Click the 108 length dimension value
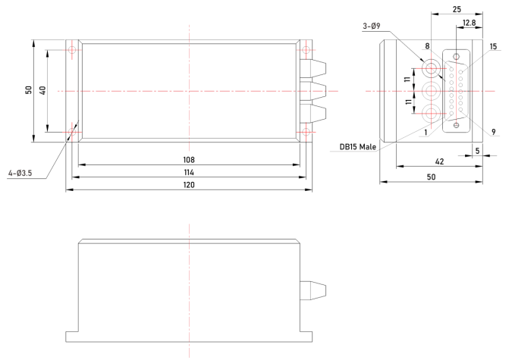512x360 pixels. click(x=189, y=160)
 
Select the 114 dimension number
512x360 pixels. click(x=189, y=172)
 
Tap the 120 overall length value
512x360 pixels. click(x=189, y=185)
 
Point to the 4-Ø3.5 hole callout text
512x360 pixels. click(x=20, y=173)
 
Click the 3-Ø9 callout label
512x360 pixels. click(x=372, y=26)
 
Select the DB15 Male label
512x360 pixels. click(x=358, y=147)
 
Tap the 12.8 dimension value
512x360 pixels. click(x=470, y=23)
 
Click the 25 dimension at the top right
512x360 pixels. click(x=457, y=9)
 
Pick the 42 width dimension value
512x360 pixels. click(x=439, y=161)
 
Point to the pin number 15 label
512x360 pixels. click(x=493, y=46)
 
